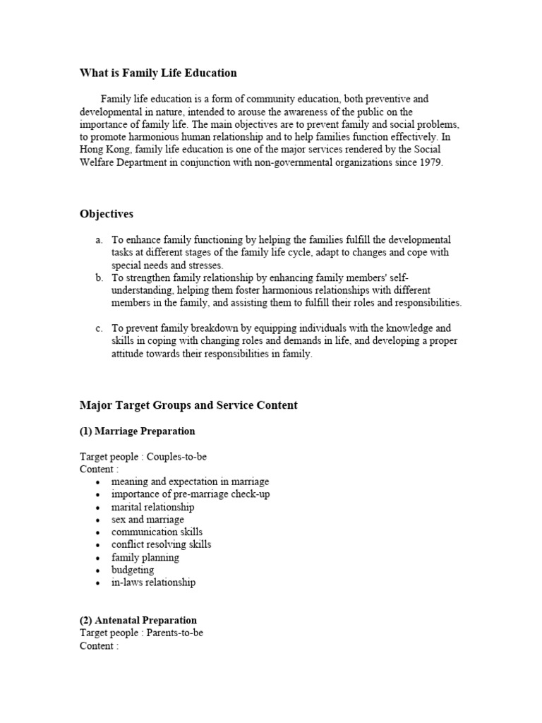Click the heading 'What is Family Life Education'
pyautogui.click(x=158, y=73)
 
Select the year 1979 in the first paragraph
pyautogui.click(x=430, y=162)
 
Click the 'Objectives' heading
pyautogui.click(x=107, y=214)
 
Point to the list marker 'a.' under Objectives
pyautogui.click(x=100, y=240)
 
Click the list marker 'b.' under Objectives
pyautogui.click(x=100, y=278)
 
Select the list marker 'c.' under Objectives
pyautogui.click(x=100, y=329)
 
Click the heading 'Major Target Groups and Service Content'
pyautogui.click(x=188, y=405)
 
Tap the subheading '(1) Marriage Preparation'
pyautogui.click(x=138, y=431)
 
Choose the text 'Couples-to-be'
pyautogui.click(x=176, y=457)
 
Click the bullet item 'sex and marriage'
pyautogui.click(x=147, y=520)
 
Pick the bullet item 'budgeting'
pyautogui.click(x=132, y=570)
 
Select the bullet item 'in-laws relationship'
pyautogui.click(x=153, y=582)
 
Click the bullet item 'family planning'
pyautogui.click(x=145, y=557)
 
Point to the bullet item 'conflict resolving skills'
pyautogui.click(x=161, y=544)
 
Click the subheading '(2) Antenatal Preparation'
pyautogui.click(x=138, y=621)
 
